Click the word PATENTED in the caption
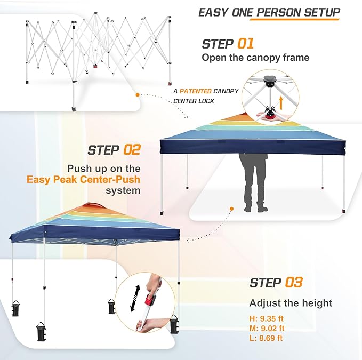(x=196, y=91)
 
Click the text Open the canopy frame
(x=255, y=58)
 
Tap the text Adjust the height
(x=291, y=303)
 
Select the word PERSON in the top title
(x=284, y=12)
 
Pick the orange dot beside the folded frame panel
(x=138, y=95)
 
